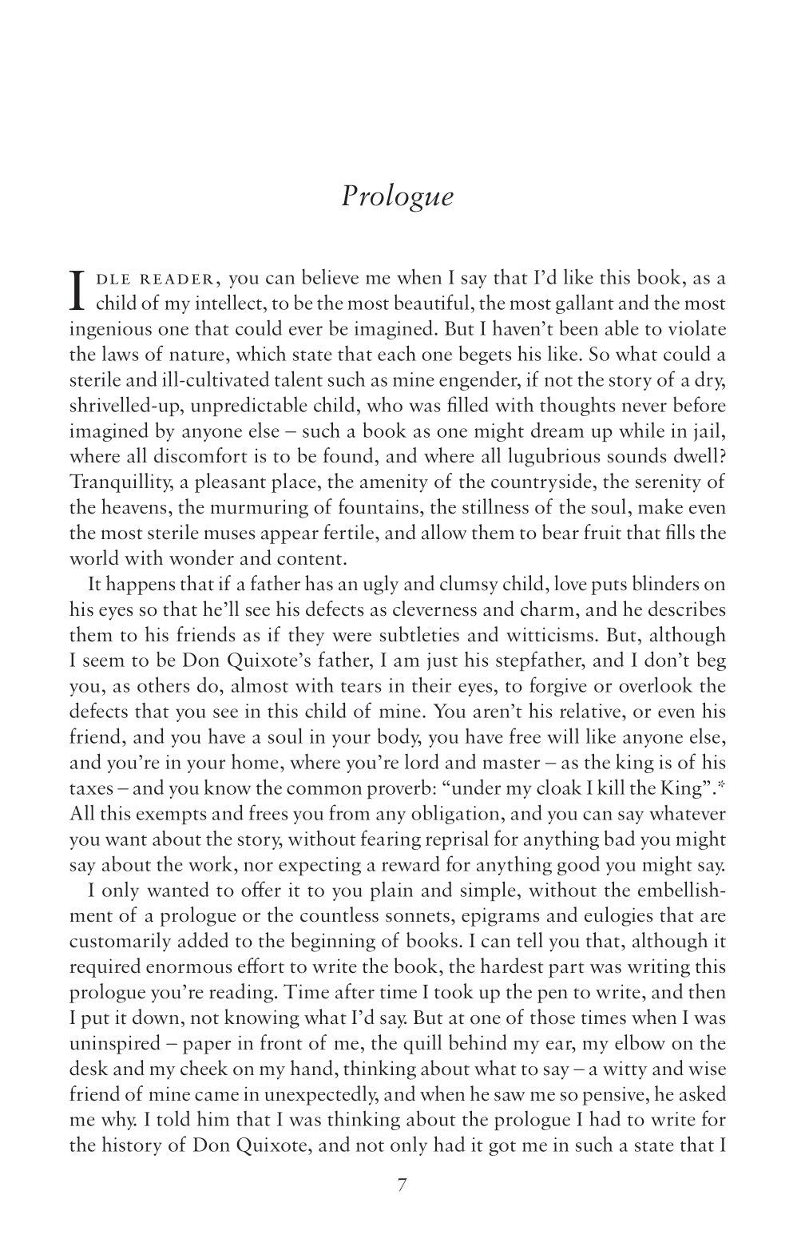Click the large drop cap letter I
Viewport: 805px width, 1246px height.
click(77, 291)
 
